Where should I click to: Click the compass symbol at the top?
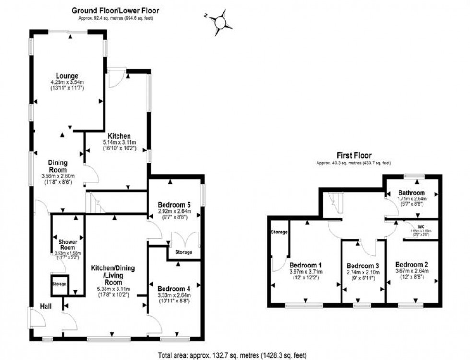[x=221, y=22]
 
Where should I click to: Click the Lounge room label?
[x=67, y=76]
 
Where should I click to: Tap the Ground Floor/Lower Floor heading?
[x=116, y=10]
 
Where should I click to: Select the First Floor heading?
[x=353, y=156]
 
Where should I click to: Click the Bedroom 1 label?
[x=305, y=265]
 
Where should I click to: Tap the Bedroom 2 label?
[x=411, y=264]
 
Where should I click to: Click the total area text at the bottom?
[x=232, y=355]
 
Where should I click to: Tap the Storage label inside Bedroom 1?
[x=280, y=232]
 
